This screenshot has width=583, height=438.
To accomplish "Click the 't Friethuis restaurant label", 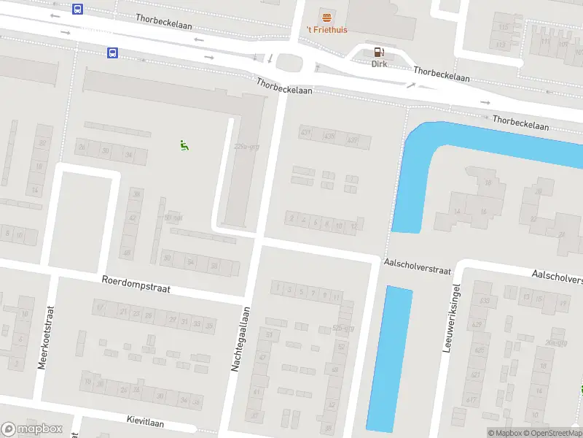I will tap(325, 30).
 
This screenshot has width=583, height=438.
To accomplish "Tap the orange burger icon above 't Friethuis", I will tap(325, 16).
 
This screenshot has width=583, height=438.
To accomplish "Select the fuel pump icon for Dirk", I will tap(378, 51).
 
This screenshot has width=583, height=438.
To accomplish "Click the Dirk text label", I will tap(379, 64).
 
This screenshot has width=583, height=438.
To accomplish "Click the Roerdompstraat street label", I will tap(136, 284).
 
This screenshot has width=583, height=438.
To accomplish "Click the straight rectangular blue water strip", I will tap(389, 358).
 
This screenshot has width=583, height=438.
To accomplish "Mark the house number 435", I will tap(329, 137).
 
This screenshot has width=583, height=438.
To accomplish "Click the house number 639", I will tap(485, 301).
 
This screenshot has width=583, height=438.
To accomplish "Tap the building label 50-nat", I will tap(173, 218).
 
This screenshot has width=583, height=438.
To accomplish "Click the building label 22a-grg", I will tap(247, 147).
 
